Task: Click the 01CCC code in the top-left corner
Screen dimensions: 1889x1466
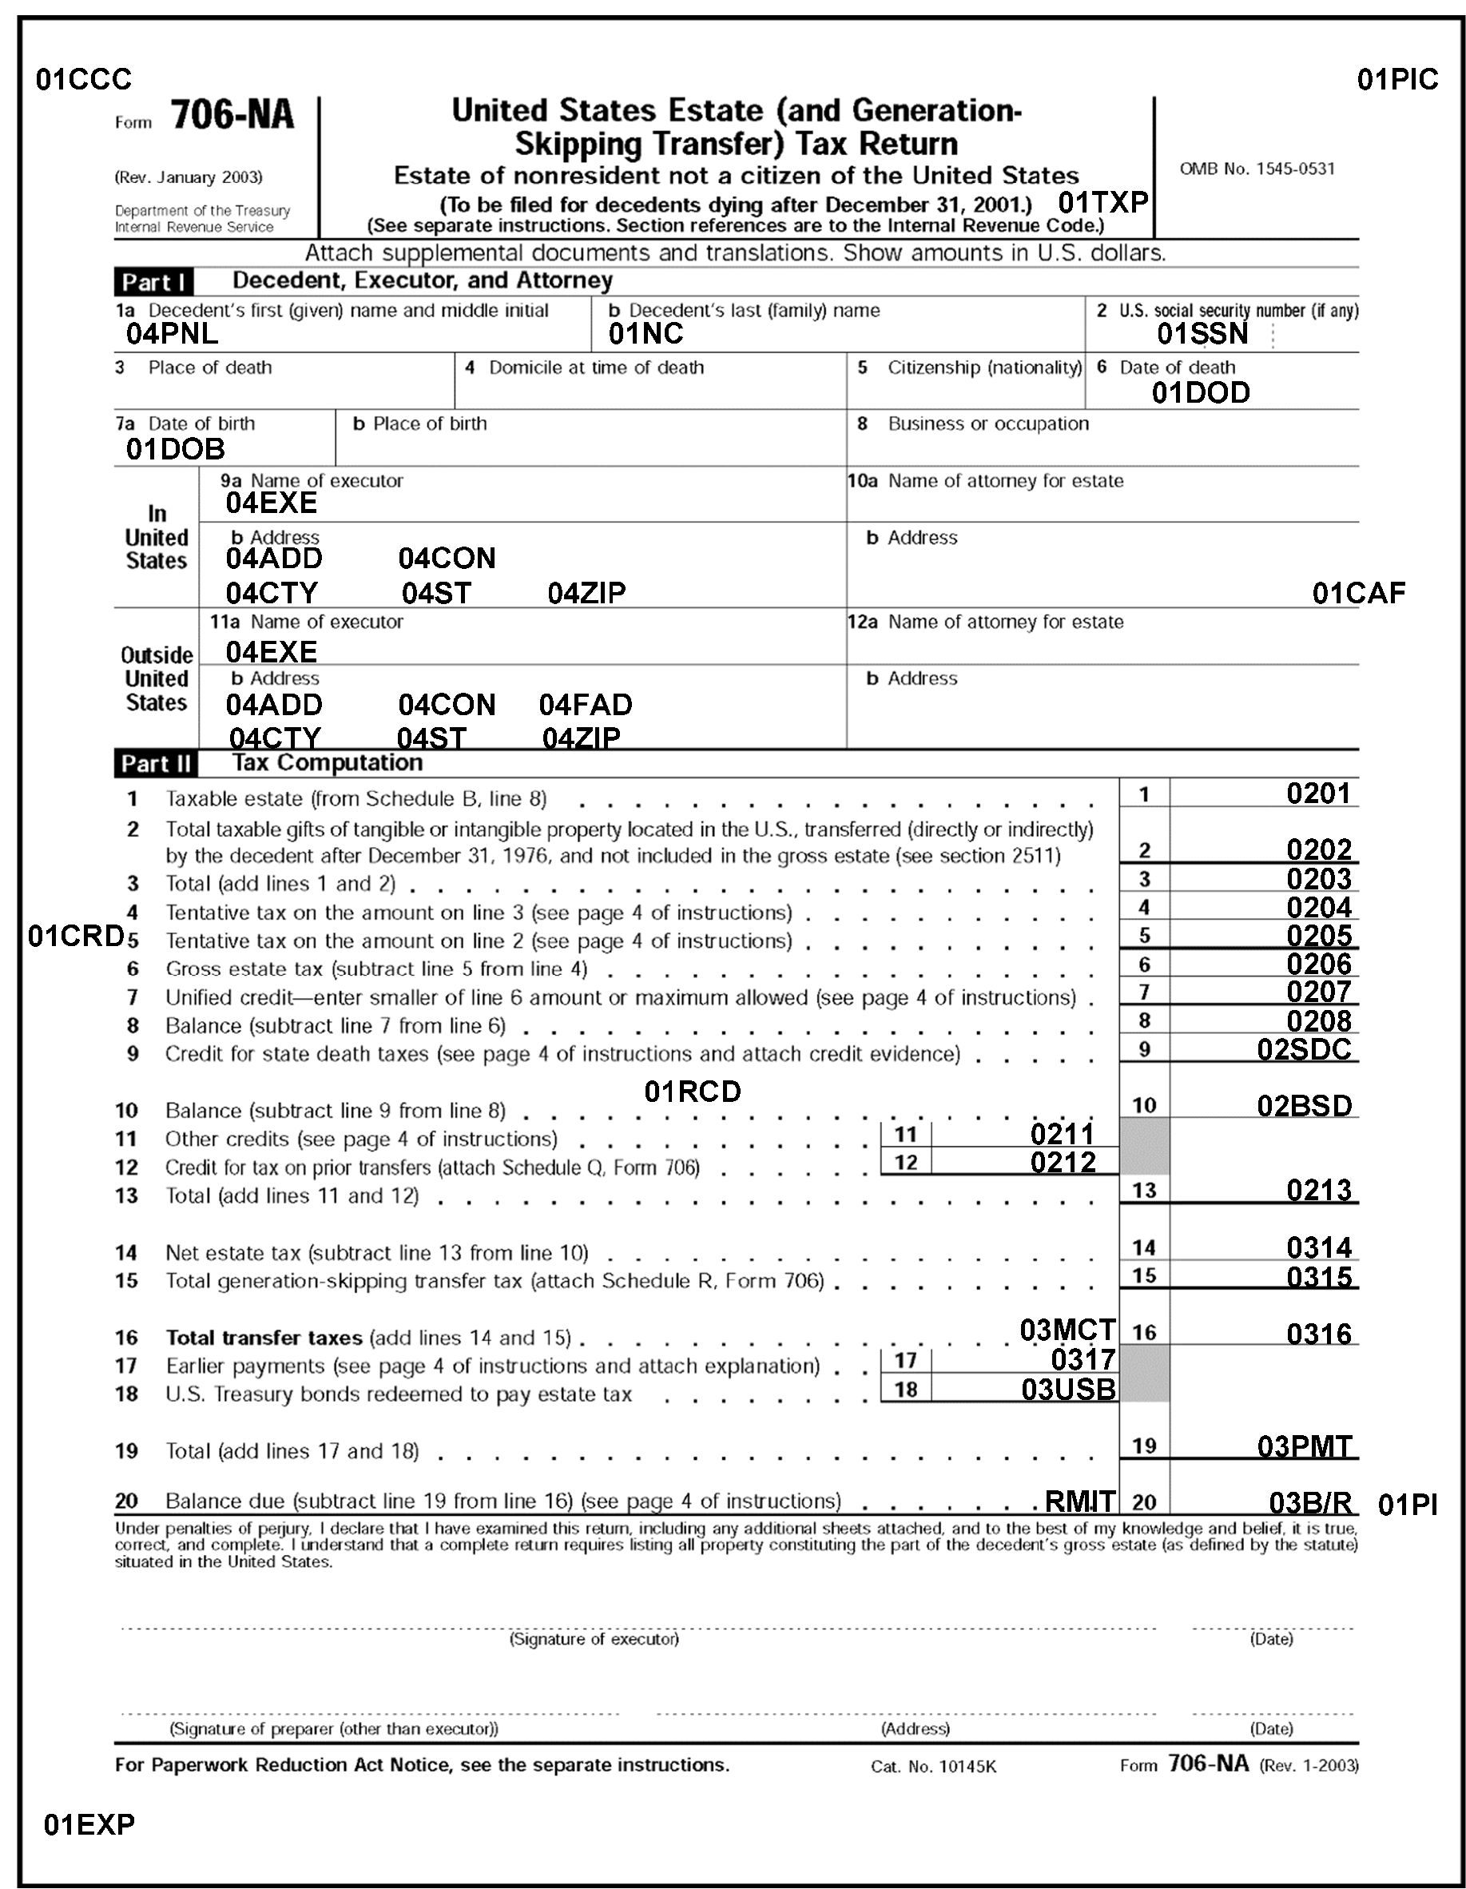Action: tap(83, 80)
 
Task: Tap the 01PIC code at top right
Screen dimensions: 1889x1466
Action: tap(1396, 80)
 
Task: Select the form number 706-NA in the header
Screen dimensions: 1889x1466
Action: tap(232, 115)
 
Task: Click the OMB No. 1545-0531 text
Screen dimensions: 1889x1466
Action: tap(1257, 169)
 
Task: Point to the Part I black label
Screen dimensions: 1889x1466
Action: tap(153, 282)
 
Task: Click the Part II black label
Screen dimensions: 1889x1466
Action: tap(156, 764)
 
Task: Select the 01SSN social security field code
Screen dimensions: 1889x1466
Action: tap(1202, 334)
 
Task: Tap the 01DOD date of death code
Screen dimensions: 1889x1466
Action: tap(1201, 392)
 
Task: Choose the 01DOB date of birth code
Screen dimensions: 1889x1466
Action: tap(175, 449)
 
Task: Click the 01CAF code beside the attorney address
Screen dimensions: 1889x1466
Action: tap(1358, 594)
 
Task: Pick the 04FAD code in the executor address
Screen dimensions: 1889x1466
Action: tap(586, 705)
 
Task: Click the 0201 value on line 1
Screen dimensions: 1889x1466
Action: tap(1318, 793)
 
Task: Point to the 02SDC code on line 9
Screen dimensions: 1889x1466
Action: tap(1305, 1049)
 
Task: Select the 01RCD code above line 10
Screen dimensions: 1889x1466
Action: tap(693, 1092)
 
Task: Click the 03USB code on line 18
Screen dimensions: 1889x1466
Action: tap(1068, 1389)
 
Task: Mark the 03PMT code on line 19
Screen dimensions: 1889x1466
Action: tap(1305, 1446)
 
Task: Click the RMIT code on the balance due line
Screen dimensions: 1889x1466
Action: tap(1080, 1501)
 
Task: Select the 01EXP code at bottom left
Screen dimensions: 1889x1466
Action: tap(89, 1825)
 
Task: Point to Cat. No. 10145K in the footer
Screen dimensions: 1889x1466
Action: tap(933, 1767)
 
